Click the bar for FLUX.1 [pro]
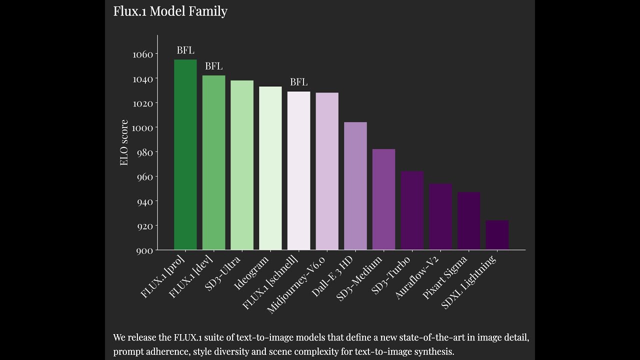(x=185, y=154)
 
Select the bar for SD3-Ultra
(x=242, y=165)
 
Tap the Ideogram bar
(x=270, y=168)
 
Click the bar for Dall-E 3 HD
(x=355, y=186)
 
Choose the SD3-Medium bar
(x=383, y=199)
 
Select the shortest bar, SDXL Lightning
(x=497, y=235)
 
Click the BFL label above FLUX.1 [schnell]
(x=298, y=82)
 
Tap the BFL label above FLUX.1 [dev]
(x=213, y=66)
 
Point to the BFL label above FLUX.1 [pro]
(x=185, y=50)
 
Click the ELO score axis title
(x=124, y=142)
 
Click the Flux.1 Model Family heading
(x=170, y=11)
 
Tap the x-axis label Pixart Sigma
(x=445, y=277)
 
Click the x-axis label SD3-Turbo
(x=391, y=274)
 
